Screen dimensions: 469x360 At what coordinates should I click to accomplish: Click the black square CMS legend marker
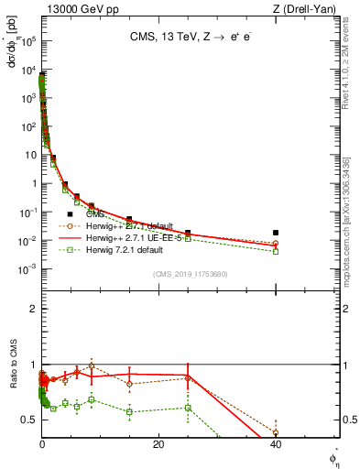click(x=71, y=214)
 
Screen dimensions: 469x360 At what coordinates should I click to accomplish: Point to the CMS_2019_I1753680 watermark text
click(x=189, y=273)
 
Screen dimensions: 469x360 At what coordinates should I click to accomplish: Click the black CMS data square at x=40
click(x=276, y=233)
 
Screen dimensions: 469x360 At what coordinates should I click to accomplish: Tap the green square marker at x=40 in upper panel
click(x=276, y=251)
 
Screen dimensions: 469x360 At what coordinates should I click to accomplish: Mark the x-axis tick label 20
click(x=158, y=443)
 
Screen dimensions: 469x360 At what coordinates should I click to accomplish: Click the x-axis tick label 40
click(x=276, y=443)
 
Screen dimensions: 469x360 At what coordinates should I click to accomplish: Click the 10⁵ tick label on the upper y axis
click(x=27, y=41)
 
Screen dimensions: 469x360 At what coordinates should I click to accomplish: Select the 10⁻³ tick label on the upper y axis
click(x=27, y=268)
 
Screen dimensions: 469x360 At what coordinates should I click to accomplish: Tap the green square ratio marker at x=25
click(x=188, y=408)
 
